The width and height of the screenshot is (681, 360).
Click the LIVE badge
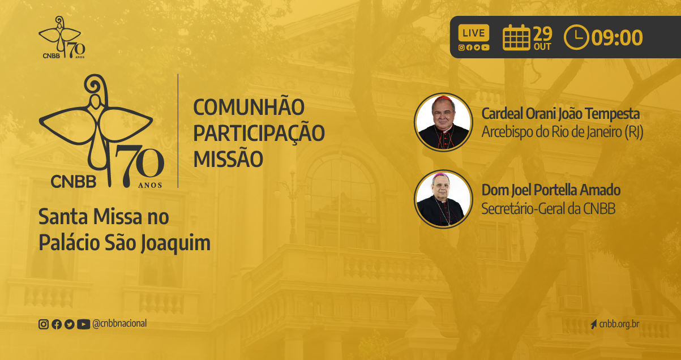[474, 33]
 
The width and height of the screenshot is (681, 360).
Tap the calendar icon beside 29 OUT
[516, 37]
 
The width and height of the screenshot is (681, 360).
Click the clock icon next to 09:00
[576, 37]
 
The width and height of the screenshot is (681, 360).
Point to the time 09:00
[617, 38]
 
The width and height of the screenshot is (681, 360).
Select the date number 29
[543, 34]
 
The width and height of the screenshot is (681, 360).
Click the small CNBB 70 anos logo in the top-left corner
[62, 37]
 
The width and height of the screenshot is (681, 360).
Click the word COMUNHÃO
[249, 107]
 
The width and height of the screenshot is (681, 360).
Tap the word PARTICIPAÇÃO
[259, 133]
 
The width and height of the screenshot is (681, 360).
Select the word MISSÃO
[228, 159]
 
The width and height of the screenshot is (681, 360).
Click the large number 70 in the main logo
[140, 166]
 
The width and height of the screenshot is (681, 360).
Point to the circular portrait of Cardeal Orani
[443, 122]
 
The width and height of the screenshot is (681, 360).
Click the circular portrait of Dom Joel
[443, 199]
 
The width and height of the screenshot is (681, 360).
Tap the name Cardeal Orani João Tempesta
[560, 114]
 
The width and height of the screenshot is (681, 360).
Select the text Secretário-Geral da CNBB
[549, 208]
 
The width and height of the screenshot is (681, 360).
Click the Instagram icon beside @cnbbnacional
[44, 324]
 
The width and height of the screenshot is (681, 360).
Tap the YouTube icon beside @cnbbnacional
[83, 324]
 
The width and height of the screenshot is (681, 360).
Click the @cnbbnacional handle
[119, 323]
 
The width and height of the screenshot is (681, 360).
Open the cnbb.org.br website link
[619, 324]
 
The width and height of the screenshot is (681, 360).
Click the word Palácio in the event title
[69, 243]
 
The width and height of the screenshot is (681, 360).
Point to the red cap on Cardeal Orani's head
[443, 99]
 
